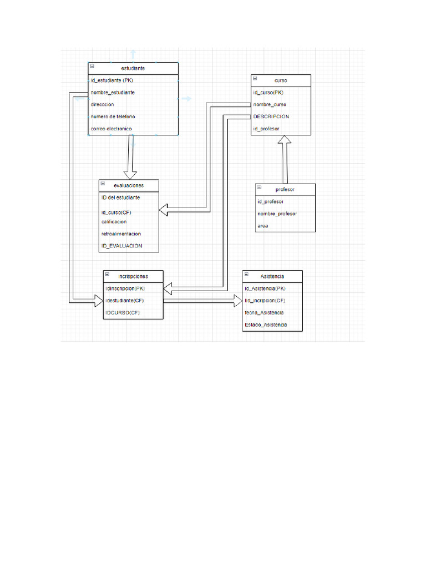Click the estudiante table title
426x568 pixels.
(133, 68)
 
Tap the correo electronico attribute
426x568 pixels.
(111, 129)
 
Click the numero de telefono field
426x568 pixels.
(113, 117)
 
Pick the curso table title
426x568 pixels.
(281, 80)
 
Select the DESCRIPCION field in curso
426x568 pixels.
(271, 117)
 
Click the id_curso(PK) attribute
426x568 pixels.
(268, 93)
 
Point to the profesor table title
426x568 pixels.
(285, 189)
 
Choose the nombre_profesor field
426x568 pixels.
(277, 214)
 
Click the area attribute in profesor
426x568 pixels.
(262, 226)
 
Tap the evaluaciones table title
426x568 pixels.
(129, 185)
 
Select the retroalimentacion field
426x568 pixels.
(121, 234)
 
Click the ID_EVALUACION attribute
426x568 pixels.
(121, 246)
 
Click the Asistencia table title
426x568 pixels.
(272, 276)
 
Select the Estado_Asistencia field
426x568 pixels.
(266, 325)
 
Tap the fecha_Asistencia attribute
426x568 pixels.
(265, 313)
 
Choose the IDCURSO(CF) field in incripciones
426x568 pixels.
(123, 313)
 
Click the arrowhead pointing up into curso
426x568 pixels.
(285, 141)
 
